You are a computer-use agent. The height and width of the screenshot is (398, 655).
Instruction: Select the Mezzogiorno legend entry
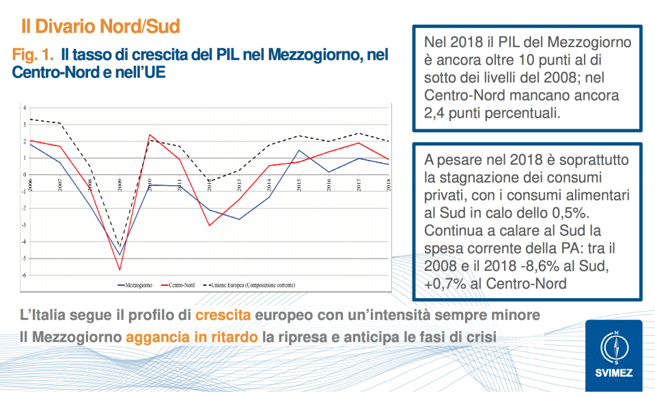135,284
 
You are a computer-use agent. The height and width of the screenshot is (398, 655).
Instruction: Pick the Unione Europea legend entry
245,284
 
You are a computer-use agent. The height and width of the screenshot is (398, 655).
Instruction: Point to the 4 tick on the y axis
24,108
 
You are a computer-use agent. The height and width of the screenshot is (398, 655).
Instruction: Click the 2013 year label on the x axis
240,184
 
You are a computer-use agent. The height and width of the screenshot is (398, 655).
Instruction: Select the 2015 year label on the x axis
299,184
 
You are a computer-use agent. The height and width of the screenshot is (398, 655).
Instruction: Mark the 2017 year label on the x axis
359,184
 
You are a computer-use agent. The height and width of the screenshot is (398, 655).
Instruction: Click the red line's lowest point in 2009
120,270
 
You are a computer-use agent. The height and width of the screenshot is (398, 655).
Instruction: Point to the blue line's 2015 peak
299,150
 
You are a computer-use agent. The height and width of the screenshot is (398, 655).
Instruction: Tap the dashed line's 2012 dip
210,181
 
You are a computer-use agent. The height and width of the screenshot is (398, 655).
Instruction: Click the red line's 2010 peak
150,135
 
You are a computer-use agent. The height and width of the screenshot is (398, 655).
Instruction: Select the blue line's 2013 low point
239,219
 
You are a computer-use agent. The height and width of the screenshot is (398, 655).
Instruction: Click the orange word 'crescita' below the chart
223,316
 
